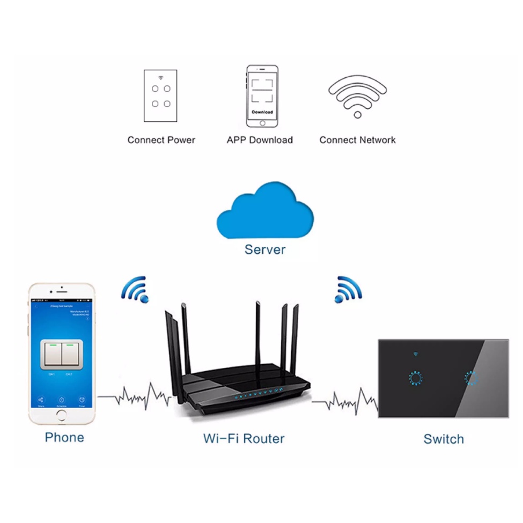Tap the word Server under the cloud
(265, 249)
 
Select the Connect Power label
(161, 140)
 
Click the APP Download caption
(260, 140)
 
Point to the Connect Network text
(357, 140)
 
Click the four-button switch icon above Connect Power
(160, 95)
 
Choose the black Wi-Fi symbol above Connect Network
(357, 94)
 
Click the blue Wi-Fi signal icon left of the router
(135, 290)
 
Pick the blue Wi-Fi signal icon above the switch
(347, 290)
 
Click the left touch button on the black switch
(415, 378)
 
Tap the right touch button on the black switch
(472, 378)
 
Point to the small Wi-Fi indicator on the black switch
(415, 355)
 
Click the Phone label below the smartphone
(64, 437)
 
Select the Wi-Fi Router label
(244, 438)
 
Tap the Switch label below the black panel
(443, 439)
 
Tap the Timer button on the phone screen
(82, 402)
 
